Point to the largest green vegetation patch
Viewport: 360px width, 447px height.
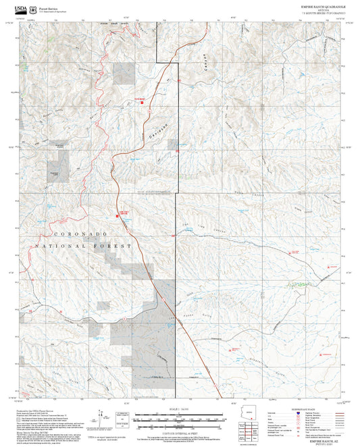click(292, 285)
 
